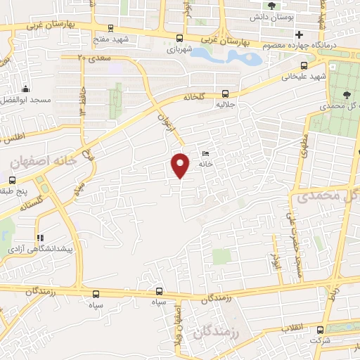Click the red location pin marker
tap(181, 165)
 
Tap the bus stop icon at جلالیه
tap(225, 93)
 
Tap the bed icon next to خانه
tap(205, 153)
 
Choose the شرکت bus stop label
tap(321, 340)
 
